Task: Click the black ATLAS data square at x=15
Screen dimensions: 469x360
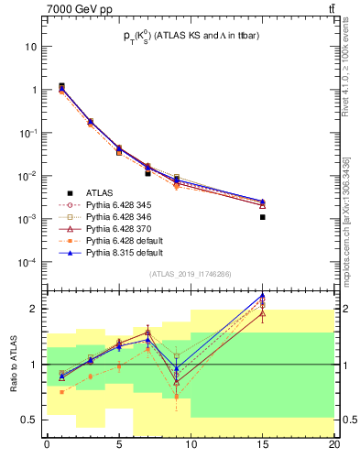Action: tap(262, 217)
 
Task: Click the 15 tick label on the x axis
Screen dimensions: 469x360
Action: tap(262, 445)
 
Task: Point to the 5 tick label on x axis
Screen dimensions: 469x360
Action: tap(118, 445)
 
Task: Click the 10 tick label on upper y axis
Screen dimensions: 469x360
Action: tap(32, 47)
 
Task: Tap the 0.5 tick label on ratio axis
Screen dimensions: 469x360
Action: tap(29, 420)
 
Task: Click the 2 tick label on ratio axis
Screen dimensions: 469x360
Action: tap(35, 309)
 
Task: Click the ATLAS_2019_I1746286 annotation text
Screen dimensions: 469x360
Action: tap(191, 274)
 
